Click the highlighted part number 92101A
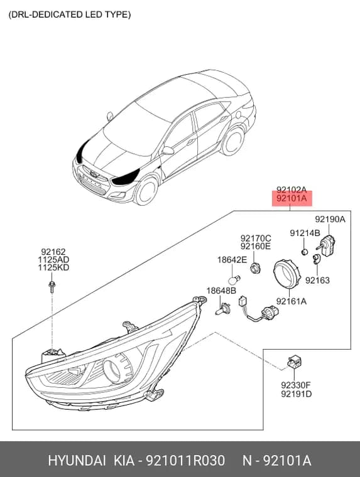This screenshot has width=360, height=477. coord(292,199)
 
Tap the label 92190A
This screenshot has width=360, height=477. coord(330,219)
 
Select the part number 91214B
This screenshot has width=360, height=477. coord(305,233)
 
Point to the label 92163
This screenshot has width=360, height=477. coord(317,280)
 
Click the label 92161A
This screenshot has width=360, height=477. coord(292,301)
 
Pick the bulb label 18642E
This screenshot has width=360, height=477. coord(232,260)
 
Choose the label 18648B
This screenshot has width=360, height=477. coord(221,291)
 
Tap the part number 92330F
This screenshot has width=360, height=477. coord(296,385)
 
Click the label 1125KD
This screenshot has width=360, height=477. coord(53,268)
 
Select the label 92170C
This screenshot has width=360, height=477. coord(256,238)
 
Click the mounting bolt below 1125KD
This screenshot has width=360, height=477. coord(52,287)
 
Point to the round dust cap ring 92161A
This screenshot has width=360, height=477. coord(286,272)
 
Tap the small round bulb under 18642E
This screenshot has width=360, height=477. coord(234,279)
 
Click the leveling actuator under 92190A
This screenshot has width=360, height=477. coord(327,245)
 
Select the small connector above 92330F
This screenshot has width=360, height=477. coord(294,362)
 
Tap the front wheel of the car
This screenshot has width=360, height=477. coord(146,191)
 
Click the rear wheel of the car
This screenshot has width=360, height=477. coord(233,141)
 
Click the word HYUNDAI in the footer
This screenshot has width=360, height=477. coord(77,461)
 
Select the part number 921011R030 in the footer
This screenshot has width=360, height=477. coord(185,461)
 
